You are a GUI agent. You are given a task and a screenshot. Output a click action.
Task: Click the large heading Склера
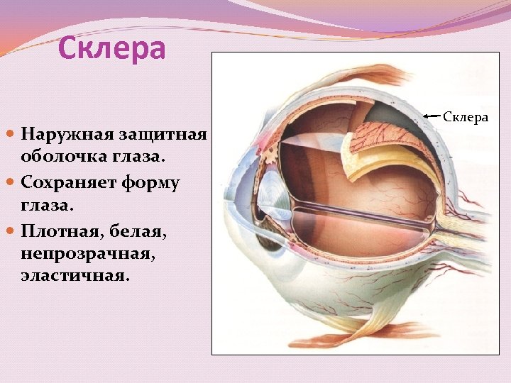(111, 49)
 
